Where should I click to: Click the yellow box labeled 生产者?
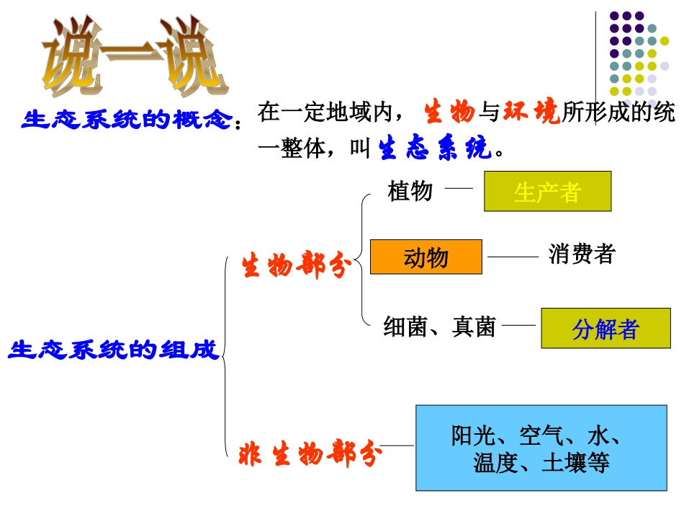pos(547,191)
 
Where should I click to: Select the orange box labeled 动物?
pos(426,257)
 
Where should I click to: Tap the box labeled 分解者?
pos(606,328)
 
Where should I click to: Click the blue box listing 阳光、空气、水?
pos(536,448)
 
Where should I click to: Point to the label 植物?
pos(410,191)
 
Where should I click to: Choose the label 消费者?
pos(581,254)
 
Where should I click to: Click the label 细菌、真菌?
pos(439,327)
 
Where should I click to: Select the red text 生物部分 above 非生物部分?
pos(296,266)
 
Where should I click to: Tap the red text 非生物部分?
pos(310,454)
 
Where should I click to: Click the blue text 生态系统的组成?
pos(113,350)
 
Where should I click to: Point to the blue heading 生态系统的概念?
pos(129,120)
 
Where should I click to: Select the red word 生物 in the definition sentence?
pos(449,112)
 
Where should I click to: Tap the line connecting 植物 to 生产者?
pos(459,188)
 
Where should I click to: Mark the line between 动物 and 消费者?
pos(513,256)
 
